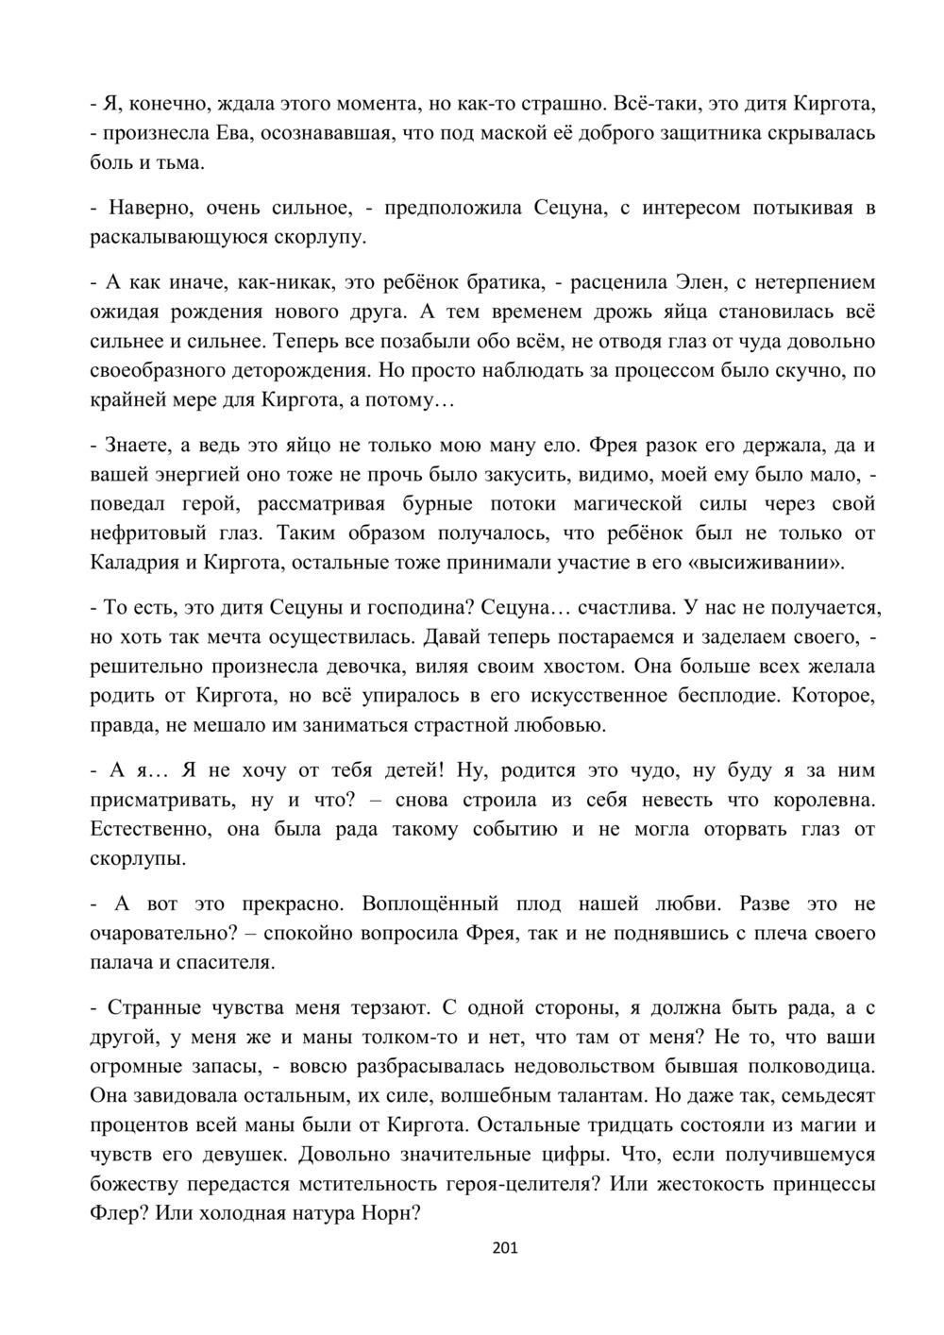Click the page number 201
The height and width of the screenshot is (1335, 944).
[506, 1249]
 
